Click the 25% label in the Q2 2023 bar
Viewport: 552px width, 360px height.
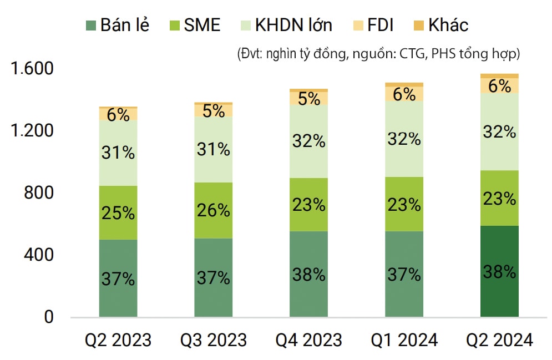(x=118, y=212)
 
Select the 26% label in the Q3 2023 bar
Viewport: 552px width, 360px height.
(x=214, y=210)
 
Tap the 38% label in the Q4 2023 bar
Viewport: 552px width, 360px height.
(x=308, y=274)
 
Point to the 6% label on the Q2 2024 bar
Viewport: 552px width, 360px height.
(x=499, y=86)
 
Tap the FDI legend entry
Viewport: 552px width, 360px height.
(x=381, y=25)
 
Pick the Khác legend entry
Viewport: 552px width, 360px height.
(x=448, y=25)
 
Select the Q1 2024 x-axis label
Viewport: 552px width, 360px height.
(x=404, y=339)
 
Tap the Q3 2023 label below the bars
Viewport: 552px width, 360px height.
(x=214, y=339)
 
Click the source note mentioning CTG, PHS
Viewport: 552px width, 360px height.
(x=378, y=54)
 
